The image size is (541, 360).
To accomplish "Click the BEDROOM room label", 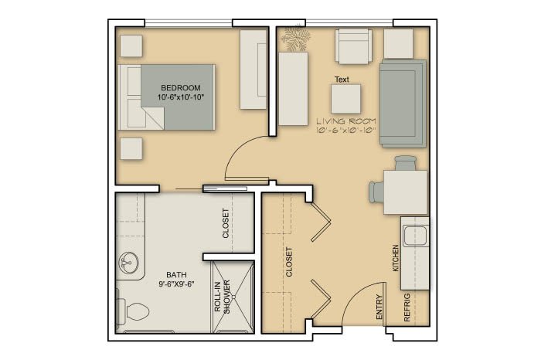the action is (x=180, y=87).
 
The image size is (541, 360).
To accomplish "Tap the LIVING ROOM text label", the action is (x=346, y=121).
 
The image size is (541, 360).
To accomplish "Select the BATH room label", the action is (x=176, y=274).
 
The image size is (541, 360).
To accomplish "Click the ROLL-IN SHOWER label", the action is (x=222, y=296).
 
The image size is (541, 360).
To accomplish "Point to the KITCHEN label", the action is (x=396, y=258).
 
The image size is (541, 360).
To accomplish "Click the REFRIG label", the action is (x=407, y=307).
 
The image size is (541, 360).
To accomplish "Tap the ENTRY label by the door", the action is (x=379, y=307).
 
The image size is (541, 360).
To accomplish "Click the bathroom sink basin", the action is (x=128, y=263).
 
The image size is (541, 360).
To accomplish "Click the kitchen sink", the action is (x=416, y=236).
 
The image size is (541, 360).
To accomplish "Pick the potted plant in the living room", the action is (x=294, y=38).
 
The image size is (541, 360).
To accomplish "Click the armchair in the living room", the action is (x=354, y=46).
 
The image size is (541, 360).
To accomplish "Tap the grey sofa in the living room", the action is (x=403, y=104).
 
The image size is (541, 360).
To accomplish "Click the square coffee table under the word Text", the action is (x=345, y=99).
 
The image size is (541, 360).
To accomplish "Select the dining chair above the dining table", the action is (x=406, y=163).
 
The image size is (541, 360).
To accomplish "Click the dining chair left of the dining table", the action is (x=376, y=192).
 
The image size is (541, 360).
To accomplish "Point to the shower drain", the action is (x=233, y=297).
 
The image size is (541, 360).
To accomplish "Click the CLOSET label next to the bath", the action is (x=226, y=223).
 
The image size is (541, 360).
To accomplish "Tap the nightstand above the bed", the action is (x=131, y=46).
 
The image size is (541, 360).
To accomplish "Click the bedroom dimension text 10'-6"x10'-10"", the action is (x=181, y=97).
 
